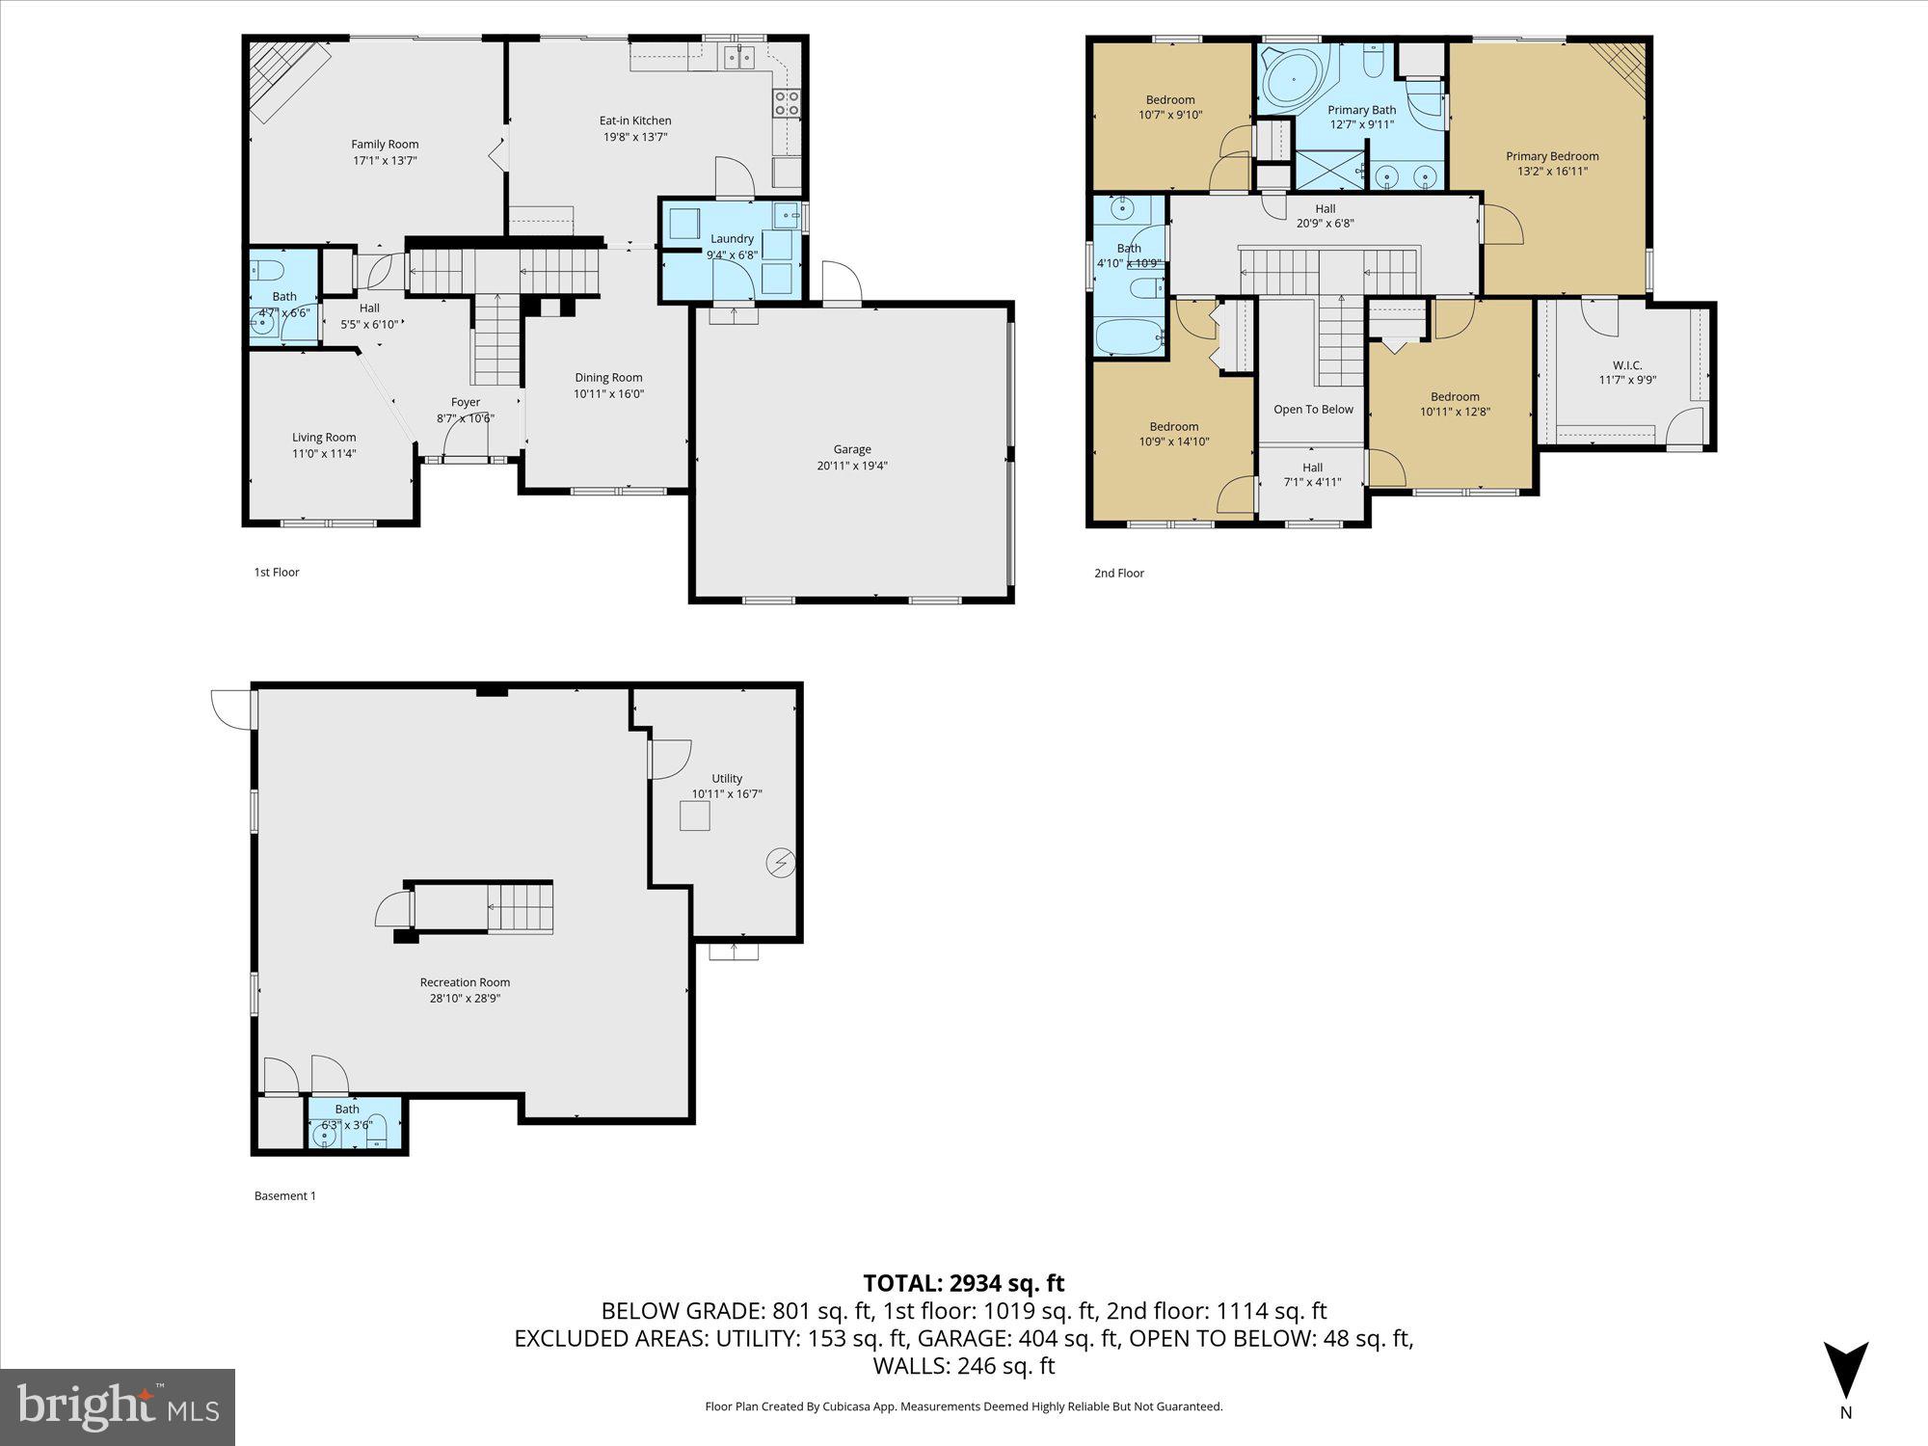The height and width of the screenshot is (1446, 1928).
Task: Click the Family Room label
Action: coord(385,145)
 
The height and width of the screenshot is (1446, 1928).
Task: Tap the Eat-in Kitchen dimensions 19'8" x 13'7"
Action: coord(634,137)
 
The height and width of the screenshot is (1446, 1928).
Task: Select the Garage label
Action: coord(852,449)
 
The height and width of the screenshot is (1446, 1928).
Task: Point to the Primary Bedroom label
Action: coord(1552,156)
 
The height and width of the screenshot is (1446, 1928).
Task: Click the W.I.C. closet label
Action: coord(1627,365)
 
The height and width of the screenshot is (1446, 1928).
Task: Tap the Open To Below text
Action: coord(1313,410)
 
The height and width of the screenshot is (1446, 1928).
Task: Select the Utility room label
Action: coord(727,779)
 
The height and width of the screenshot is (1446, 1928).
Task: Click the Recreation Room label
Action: coord(465,982)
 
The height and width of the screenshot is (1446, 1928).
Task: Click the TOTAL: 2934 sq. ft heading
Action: coord(963,1283)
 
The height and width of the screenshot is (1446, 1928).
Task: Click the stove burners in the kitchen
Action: coord(787,103)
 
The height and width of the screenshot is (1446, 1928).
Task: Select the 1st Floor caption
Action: coord(277,573)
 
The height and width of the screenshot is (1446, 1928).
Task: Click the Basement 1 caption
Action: coord(284,1196)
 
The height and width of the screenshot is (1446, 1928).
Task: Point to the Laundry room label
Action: coord(732,239)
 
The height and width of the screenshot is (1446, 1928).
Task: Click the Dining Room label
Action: coord(608,378)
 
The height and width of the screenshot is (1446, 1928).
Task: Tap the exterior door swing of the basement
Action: coord(231,708)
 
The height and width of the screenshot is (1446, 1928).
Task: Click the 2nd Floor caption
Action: coord(1118,574)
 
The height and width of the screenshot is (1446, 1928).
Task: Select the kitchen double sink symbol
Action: coord(740,58)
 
